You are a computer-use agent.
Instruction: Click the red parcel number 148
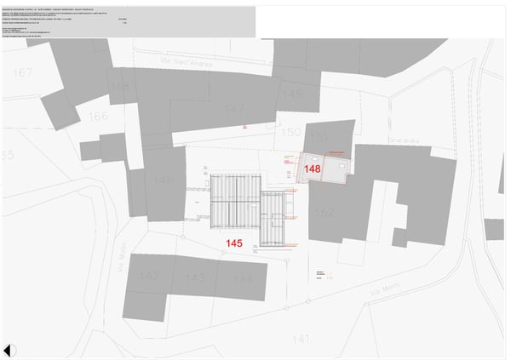pyautogui.click(x=313, y=169)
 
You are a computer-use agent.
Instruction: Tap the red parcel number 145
pyautogui.click(x=234, y=243)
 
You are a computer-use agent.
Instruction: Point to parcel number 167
pyautogui.click(x=22, y=73)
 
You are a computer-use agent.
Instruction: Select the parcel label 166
pyautogui.click(x=98, y=116)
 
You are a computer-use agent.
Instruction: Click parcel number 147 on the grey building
pyautogui.click(x=234, y=109)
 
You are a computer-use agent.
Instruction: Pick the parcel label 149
pyautogui.click(x=292, y=94)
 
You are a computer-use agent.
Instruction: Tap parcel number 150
pyautogui.click(x=290, y=133)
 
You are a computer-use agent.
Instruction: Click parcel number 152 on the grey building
pyautogui.click(x=324, y=213)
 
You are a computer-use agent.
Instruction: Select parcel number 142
pyautogui.click(x=149, y=276)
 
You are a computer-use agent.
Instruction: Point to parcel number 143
pyautogui.click(x=195, y=278)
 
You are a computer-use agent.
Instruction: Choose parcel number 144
pyautogui.click(x=244, y=278)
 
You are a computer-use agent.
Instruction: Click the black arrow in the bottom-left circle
pyautogui.click(x=8, y=350)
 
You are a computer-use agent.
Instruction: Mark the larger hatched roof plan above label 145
pyautogui.click(x=235, y=199)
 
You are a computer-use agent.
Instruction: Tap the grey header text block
pyautogui.click(x=102, y=19)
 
